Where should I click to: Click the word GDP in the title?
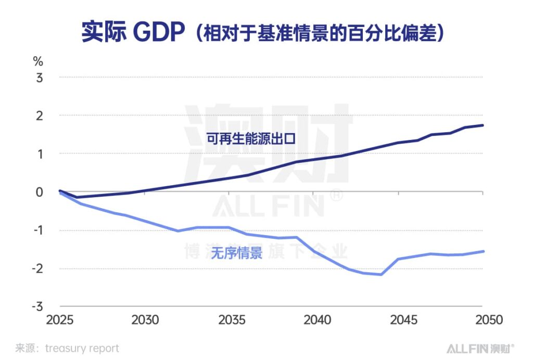pos(159,33)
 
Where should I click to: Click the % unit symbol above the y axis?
pos(38,61)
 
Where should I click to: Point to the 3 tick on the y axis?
pos(39,77)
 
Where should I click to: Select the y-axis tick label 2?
pos(39,115)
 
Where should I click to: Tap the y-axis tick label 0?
pos(39,192)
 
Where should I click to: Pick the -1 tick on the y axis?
pos(37,230)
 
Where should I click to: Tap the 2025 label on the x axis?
pos(60,319)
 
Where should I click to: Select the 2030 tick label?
pos(145,319)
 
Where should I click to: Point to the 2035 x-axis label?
pos(230,319)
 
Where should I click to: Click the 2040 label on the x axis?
pos(314,319)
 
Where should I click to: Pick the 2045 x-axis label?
pos(399,319)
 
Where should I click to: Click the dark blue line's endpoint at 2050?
pos(483,125)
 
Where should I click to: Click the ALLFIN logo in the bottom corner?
pos(480,348)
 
